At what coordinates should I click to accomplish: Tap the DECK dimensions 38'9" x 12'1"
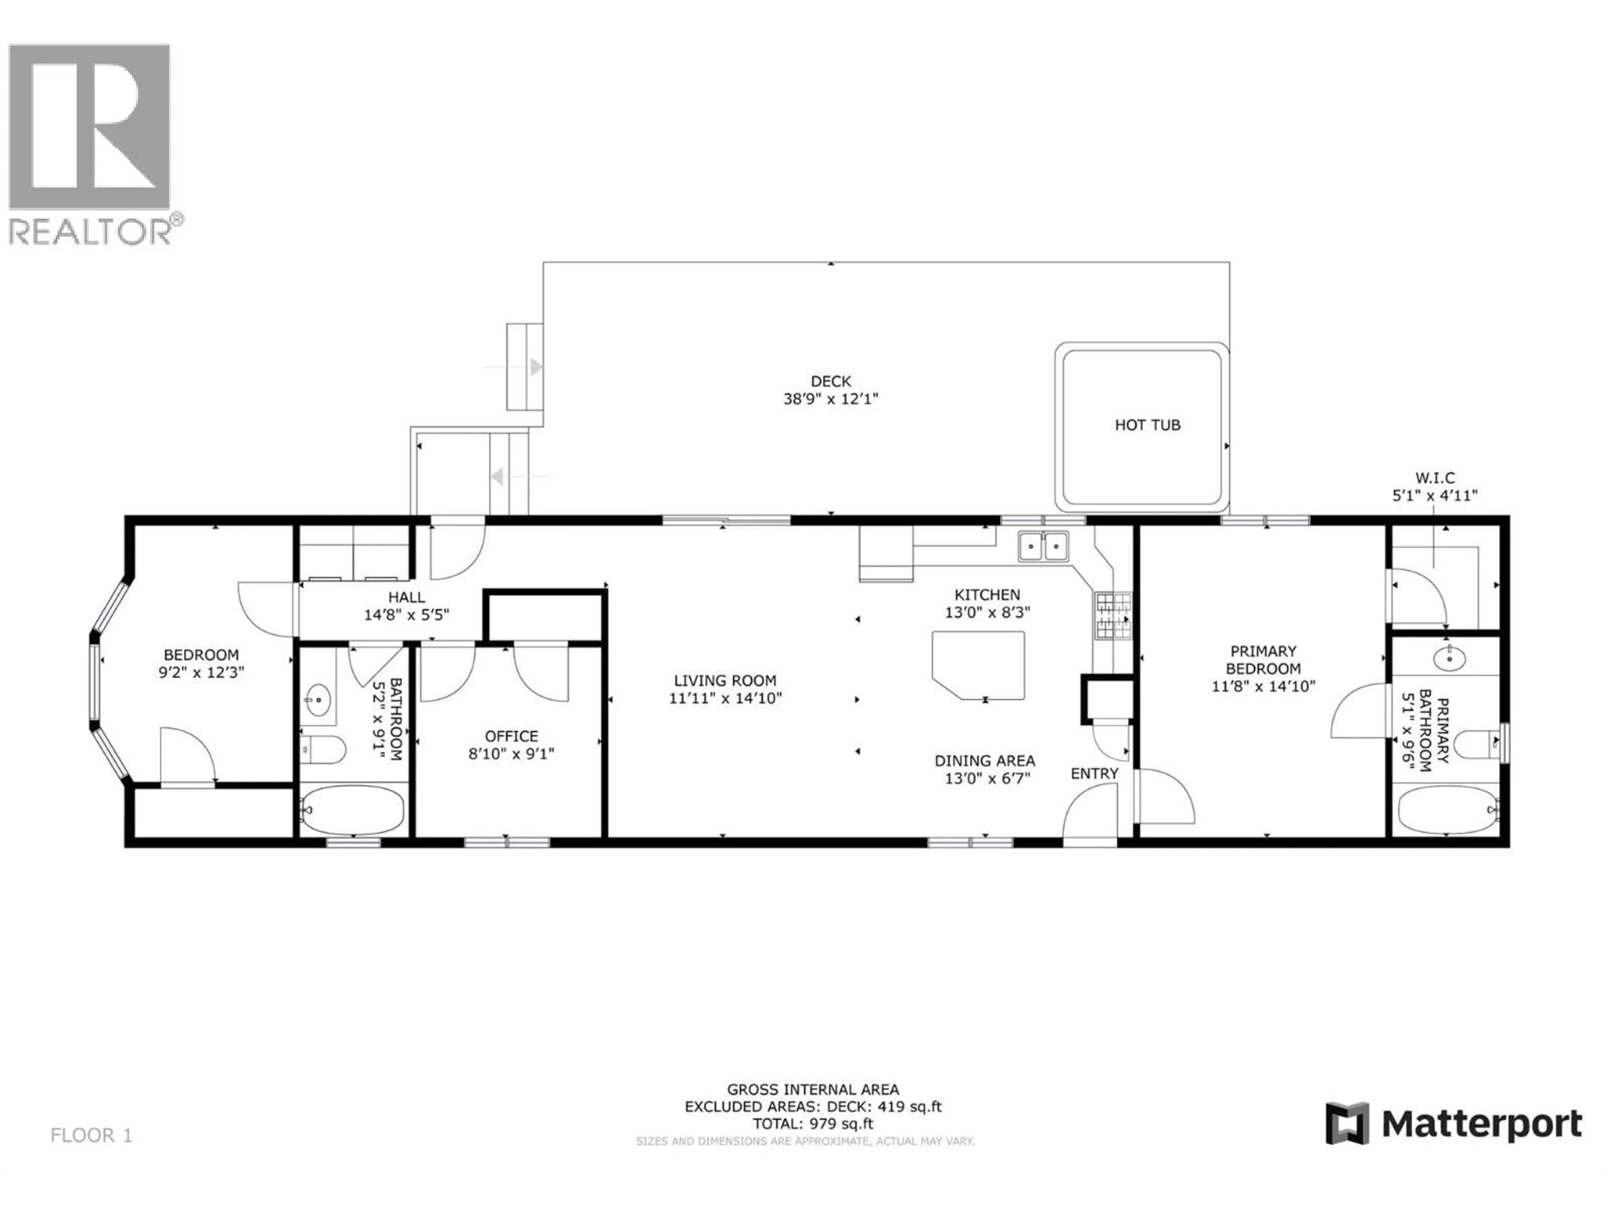coord(831,399)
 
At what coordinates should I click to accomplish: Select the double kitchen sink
coord(1043,546)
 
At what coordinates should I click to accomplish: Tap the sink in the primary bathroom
coord(1449,659)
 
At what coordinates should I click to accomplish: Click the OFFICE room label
coord(511,736)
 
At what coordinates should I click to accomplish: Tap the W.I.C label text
coord(1435,478)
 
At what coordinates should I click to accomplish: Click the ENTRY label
coord(1094,773)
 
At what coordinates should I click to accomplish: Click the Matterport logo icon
coord(1347,1124)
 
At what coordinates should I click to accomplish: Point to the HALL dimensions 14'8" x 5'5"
coord(406,614)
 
